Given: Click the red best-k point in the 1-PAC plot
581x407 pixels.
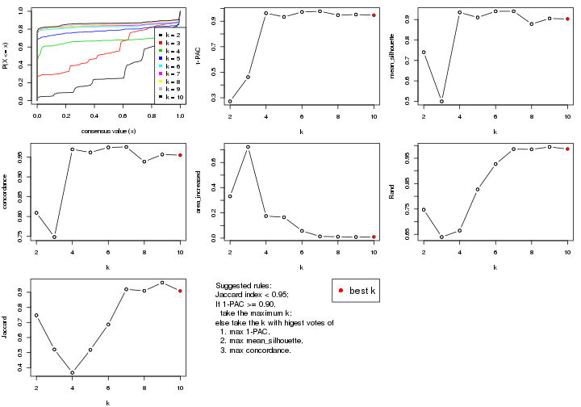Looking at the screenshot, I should pyautogui.click(x=374, y=15).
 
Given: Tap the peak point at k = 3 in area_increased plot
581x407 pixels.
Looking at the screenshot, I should pyautogui.click(x=248, y=147).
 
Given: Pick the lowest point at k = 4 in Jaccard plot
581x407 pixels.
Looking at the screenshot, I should pyautogui.click(x=72, y=372).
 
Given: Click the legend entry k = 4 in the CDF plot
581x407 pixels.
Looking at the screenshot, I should pyautogui.click(x=170, y=50).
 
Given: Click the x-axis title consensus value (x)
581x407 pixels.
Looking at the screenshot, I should pyautogui.click(x=109, y=131).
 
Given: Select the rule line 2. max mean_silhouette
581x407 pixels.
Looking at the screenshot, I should pyautogui.click(x=265, y=341).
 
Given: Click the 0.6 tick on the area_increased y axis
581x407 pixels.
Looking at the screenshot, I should pyautogui.click(x=211, y=162).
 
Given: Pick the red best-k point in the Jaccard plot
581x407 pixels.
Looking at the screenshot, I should pyautogui.click(x=180, y=291).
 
